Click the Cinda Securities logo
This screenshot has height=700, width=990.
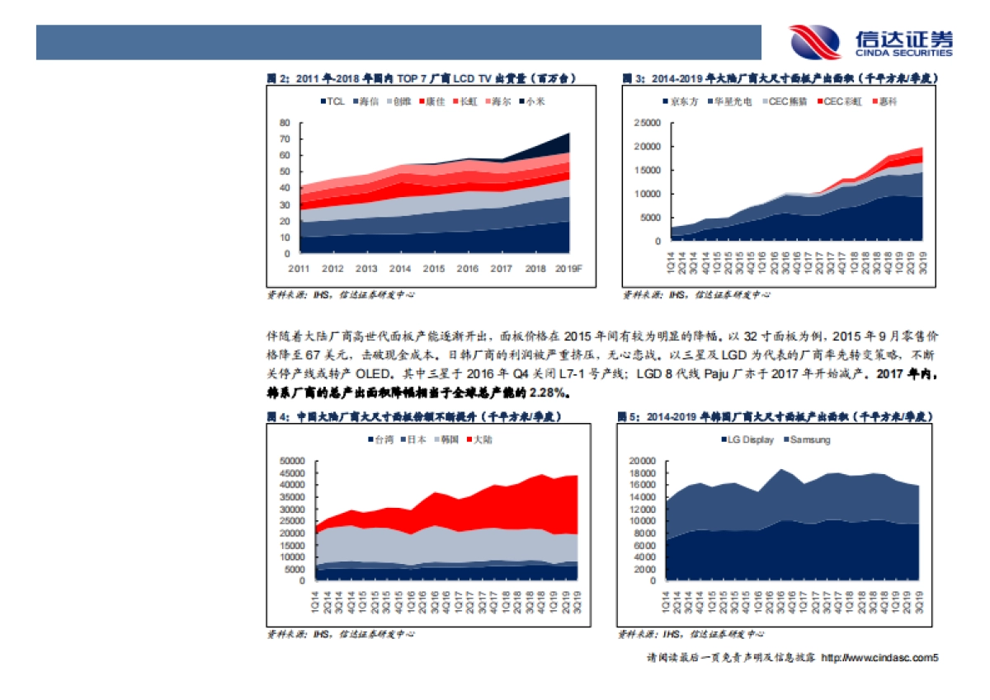870,42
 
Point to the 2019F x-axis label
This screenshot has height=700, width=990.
569,269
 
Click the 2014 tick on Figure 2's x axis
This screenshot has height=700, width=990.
400,269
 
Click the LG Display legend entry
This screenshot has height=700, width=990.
747,439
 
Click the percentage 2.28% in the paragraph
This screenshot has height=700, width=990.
550,391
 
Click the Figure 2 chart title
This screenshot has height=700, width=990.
421,79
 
